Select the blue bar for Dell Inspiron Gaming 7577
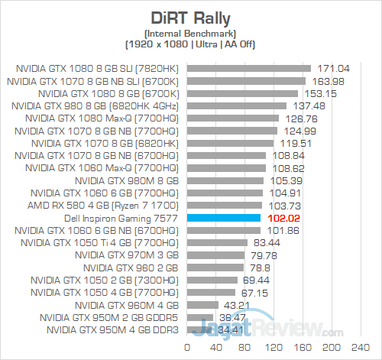click(x=225, y=218)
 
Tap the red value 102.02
click(x=284, y=218)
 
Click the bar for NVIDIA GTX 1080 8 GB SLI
click(x=248, y=68)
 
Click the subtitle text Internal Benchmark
click(x=191, y=32)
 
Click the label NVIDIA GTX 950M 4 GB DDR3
click(x=112, y=330)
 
